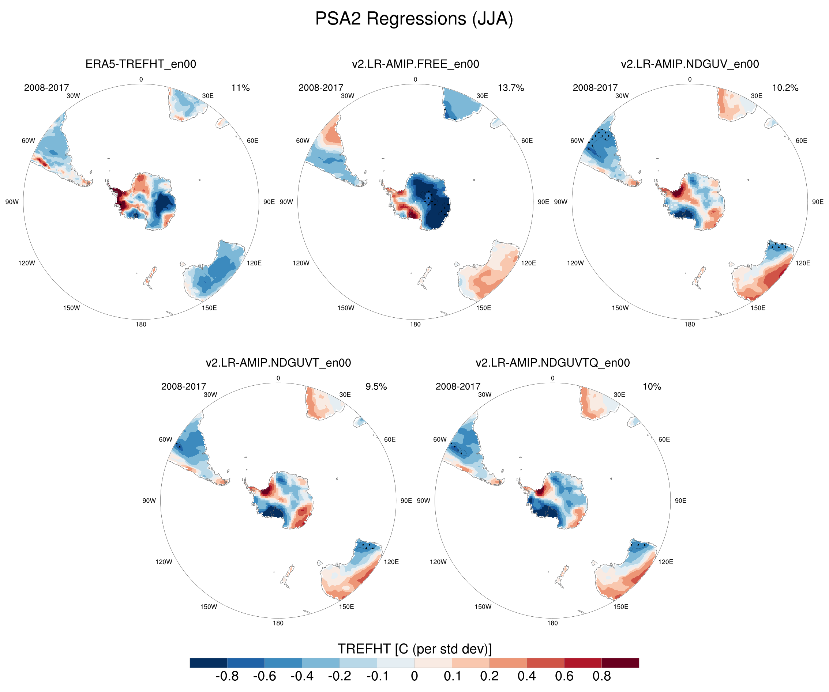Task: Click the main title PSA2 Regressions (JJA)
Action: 414,19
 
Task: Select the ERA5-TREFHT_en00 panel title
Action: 141,64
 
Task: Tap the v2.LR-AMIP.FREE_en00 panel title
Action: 415,64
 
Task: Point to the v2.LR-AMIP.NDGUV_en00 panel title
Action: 690,64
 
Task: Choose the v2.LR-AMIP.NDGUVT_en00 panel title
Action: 278,363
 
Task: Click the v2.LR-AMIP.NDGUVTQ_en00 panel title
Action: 553,363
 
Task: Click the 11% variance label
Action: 240,88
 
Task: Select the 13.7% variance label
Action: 511,88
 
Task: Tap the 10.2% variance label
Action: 785,88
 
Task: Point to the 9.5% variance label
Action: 376,387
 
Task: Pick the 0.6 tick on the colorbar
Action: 564,676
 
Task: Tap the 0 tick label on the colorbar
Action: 414,676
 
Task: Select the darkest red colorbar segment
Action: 620,663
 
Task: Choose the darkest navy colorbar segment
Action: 209,663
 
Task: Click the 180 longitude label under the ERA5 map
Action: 141,324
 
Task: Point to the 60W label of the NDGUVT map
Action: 165,439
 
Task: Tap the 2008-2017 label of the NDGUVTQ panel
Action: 458,387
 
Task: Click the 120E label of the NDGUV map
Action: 803,263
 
